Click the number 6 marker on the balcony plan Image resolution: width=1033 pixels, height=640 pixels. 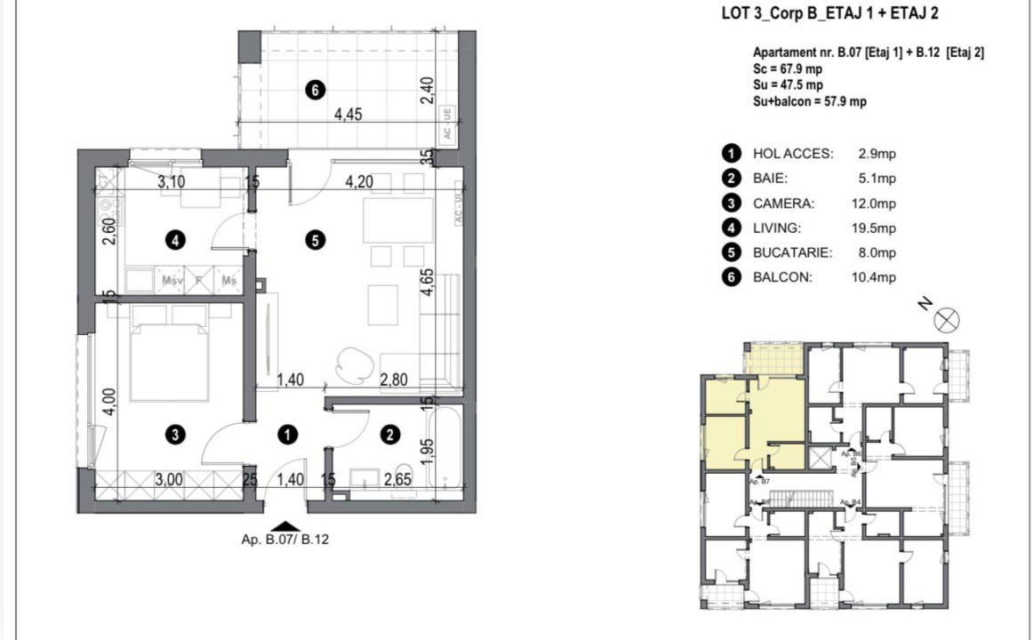pos(312,89)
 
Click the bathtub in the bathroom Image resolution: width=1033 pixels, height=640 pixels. pos(444,446)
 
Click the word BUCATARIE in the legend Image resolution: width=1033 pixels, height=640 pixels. pos(792,252)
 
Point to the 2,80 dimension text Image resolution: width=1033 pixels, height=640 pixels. pos(395,380)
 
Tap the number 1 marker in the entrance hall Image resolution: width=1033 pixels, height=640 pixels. pos(287,434)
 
